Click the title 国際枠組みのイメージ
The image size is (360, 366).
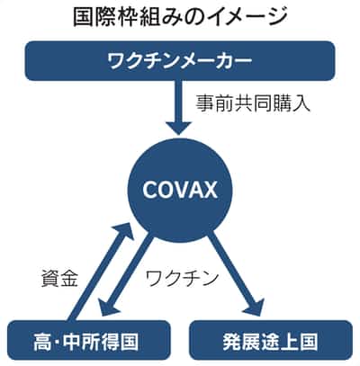click(180, 16)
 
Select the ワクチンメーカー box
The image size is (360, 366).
click(180, 61)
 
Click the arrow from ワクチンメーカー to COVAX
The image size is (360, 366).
click(179, 108)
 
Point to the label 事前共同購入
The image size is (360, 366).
click(253, 103)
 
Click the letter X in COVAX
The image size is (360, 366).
click(208, 190)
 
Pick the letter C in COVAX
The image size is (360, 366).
click(150, 190)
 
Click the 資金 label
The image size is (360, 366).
click(59, 278)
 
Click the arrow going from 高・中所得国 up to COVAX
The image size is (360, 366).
click(100, 272)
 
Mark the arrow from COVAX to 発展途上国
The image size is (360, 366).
click(236, 273)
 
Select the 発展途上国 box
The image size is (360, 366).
click(271, 341)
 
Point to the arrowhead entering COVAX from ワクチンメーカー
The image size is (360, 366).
click(179, 129)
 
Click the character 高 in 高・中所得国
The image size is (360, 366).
click(42, 342)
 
